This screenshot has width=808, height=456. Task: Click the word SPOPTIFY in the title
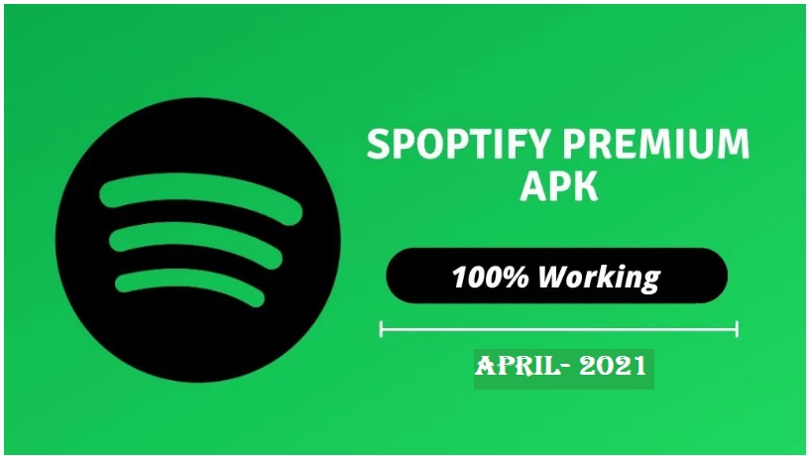pos(456,146)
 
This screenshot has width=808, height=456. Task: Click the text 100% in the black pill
pos(489,277)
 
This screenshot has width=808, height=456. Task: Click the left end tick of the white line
pos(381,328)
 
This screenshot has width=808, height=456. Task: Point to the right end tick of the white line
pos(737,328)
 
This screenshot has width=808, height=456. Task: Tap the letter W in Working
pos(551,277)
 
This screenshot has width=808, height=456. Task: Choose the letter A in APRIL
pos(486,366)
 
